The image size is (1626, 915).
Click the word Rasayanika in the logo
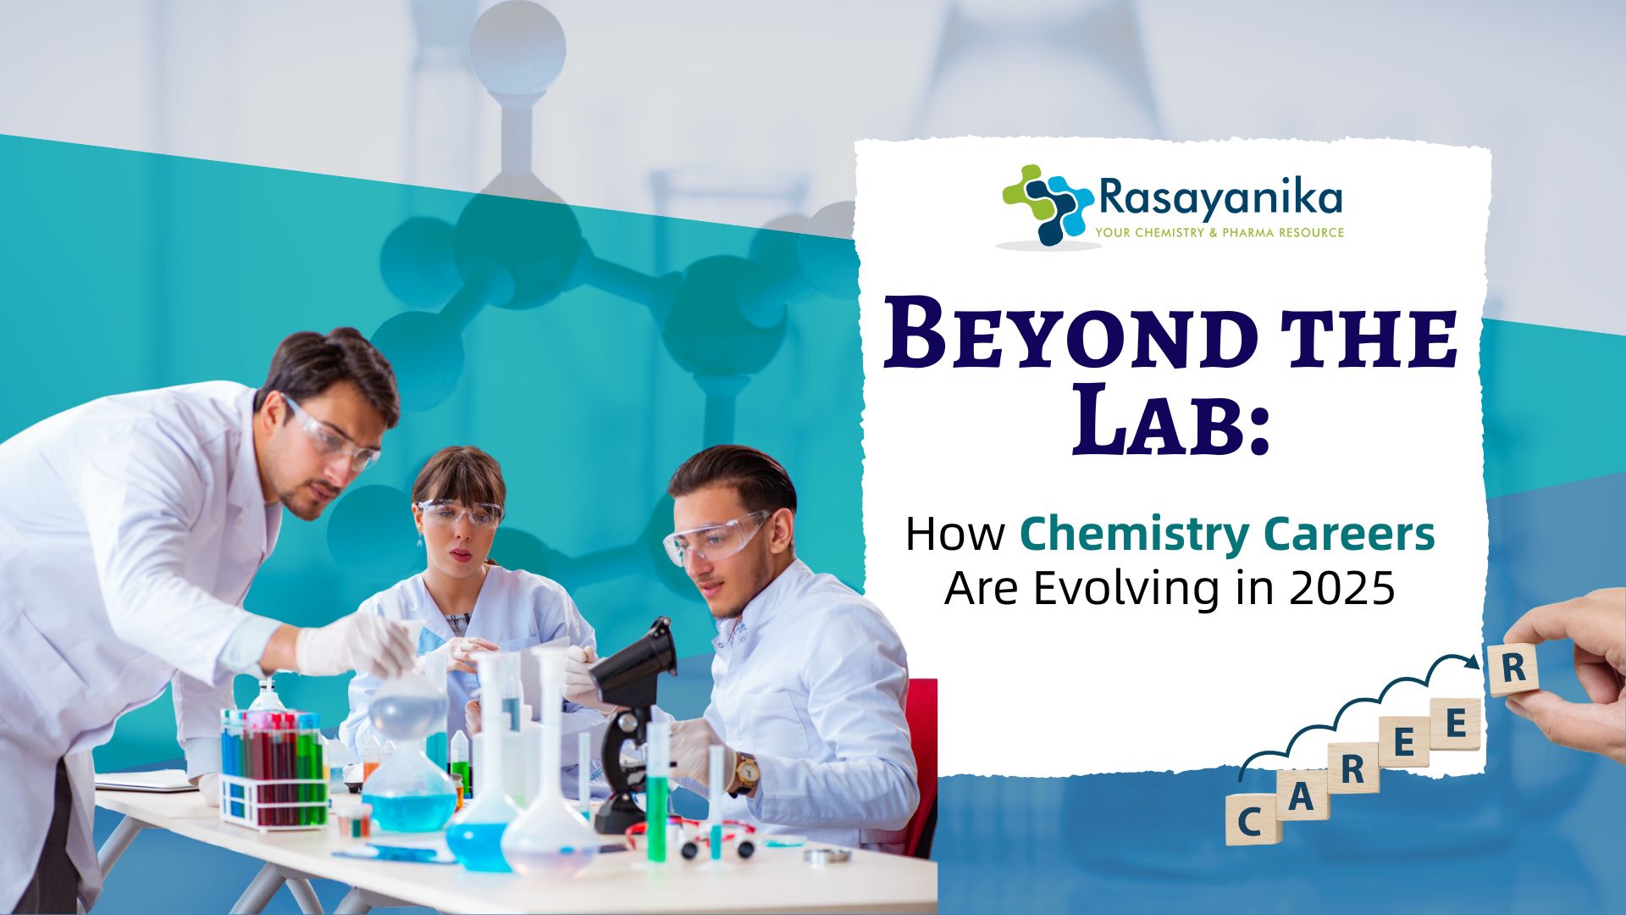[x=1220, y=198]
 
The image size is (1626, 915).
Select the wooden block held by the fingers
[x=1513, y=669]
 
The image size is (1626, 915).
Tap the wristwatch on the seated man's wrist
[x=746, y=773]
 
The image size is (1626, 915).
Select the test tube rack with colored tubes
[x=273, y=767]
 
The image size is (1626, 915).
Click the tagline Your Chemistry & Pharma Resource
[x=1219, y=232]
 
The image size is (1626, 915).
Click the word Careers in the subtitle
[x=1350, y=535]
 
